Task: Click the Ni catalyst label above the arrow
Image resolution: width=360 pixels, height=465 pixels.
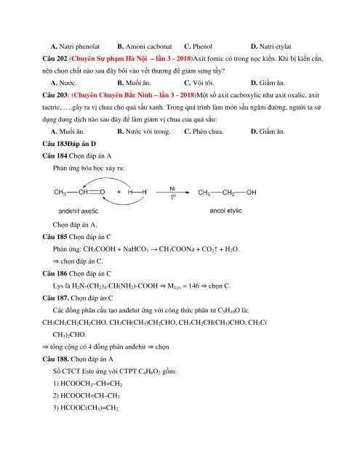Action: click(x=172, y=187)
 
